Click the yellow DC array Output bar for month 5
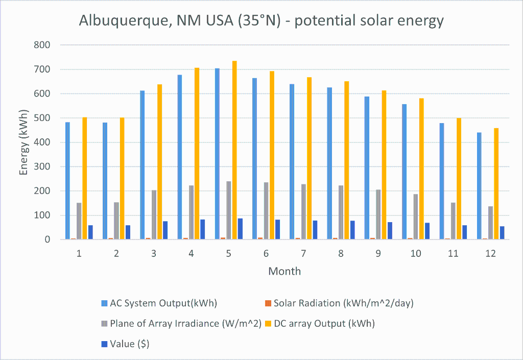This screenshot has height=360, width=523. pyautogui.click(x=234, y=150)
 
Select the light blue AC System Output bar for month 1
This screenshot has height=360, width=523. pyautogui.click(x=67, y=181)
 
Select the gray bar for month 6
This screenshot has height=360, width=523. pyautogui.click(x=266, y=211)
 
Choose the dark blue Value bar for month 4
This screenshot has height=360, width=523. pyautogui.click(x=203, y=229)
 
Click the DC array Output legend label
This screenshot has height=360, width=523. pyautogui.click(x=324, y=324)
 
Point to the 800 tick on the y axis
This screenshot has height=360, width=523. pyautogui.click(x=42, y=45)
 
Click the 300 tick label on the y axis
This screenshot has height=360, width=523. pyautogui.click(x=42, y=166)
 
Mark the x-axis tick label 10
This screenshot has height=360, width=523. pyautogui.click(x=416, y=254)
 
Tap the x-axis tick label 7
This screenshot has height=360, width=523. pyautogui.click(x=303, y=254)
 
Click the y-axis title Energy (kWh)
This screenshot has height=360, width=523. pyautogui.click(x=23, y=142)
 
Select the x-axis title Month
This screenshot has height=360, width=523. pyautogui.click(x=284, y=271)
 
